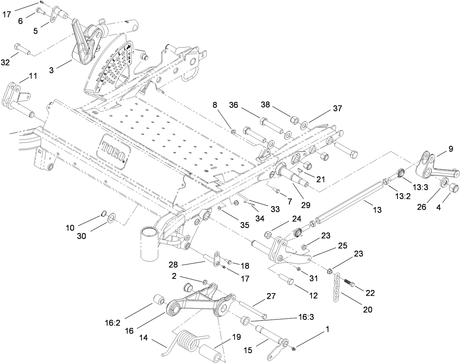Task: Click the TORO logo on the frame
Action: pos(113,150)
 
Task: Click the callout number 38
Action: pos(276,105)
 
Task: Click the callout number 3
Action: pos(52,70)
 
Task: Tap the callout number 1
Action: pos(328,329)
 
